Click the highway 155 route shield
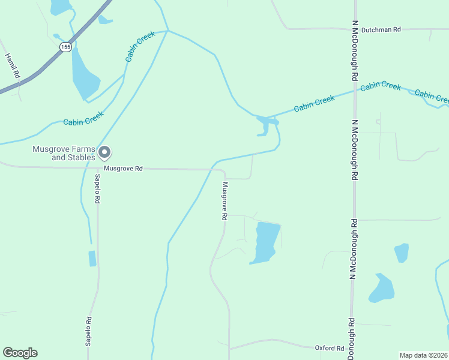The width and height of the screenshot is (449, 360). point(65,46)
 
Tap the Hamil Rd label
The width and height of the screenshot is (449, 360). point(13,66)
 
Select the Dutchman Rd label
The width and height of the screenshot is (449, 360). point(380,28)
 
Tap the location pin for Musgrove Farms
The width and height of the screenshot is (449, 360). point(104,152)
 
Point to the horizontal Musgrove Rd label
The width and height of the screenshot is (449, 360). point(123,169)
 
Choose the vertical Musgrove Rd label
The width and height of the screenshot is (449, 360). point(224,201)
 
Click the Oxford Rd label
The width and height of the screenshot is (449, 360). point(330,347)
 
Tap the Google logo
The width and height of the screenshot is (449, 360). point(20,353)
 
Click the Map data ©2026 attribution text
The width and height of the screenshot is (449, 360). point(423,355)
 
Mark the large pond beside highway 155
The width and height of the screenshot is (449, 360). point(83,75)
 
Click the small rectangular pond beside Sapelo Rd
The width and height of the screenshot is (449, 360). point(92,259)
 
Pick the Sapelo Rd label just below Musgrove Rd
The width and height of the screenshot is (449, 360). point(97,189)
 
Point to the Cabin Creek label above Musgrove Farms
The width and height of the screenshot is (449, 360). point(83,118)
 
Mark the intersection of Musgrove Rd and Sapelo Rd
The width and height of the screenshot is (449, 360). point(97,169)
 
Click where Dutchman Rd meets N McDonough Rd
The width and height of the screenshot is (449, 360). point(355,28)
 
